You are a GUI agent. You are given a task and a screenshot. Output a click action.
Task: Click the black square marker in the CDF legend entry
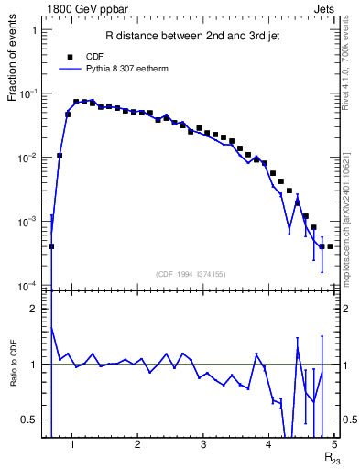pyautogui.click(x=69, y=57)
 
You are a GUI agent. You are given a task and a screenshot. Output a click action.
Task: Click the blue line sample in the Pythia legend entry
pyautogui.click(x=69, y=69)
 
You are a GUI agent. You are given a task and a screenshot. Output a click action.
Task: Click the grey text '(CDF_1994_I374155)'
pyautogui.click(x=190, y=273)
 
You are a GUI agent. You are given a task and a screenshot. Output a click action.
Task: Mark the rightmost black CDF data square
pyautogui.click(x=330, y=246)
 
